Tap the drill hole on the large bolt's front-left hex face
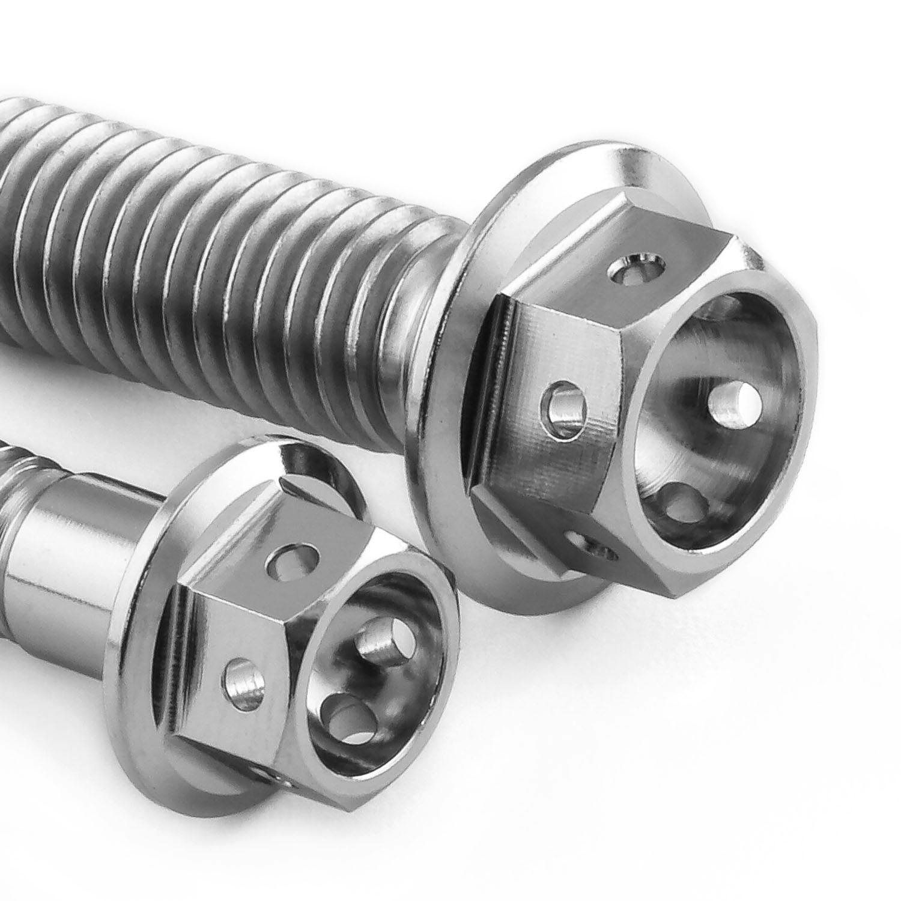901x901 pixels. click(x=563, y=411)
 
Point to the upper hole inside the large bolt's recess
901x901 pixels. click(x=733, y=401)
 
